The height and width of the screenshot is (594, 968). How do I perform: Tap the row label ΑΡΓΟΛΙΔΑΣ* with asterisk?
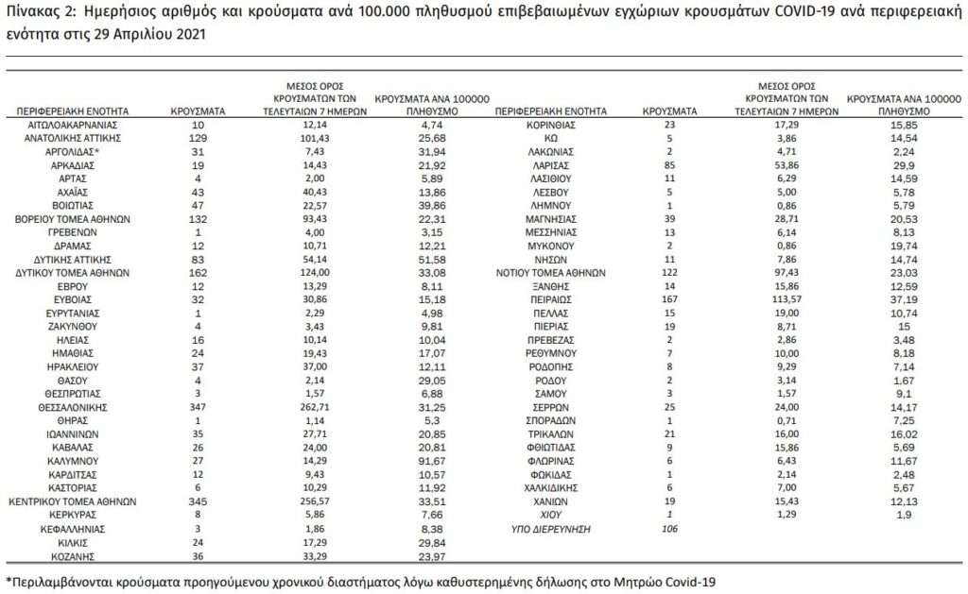click(x=72, y=151)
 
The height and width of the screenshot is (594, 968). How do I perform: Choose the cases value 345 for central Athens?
click(x=197, y=501)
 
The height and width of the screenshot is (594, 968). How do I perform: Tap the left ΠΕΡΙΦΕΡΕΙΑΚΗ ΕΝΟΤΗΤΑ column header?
click(x=72, y=110)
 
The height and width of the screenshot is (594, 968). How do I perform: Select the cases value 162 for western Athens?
click(x=197, y=270)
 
